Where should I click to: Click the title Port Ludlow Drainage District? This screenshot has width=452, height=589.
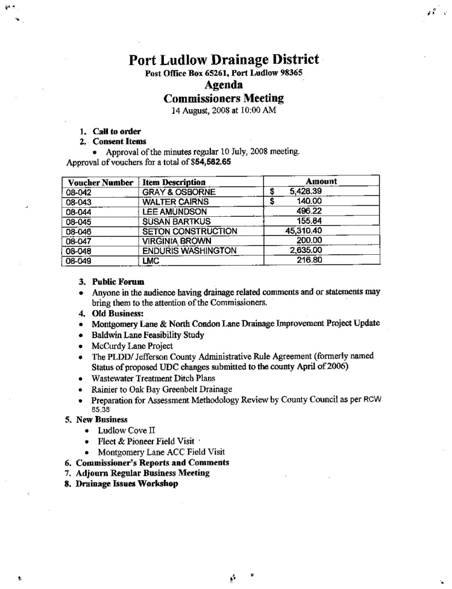coord(224,60)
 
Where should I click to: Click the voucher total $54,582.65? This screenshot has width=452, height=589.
coord(212,162)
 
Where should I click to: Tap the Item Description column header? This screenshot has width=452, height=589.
coord(174,182)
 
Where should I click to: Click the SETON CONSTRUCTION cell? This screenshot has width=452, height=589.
coord(181,231)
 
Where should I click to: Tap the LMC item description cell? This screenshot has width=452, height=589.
coord(150,261)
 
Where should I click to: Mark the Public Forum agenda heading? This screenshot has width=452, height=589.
coord(118,282)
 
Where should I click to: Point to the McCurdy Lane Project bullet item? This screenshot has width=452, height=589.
coord(132,346)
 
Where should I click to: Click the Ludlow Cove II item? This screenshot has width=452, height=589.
coord(127,430)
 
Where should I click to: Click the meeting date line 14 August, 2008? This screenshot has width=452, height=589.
coord(225,110)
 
